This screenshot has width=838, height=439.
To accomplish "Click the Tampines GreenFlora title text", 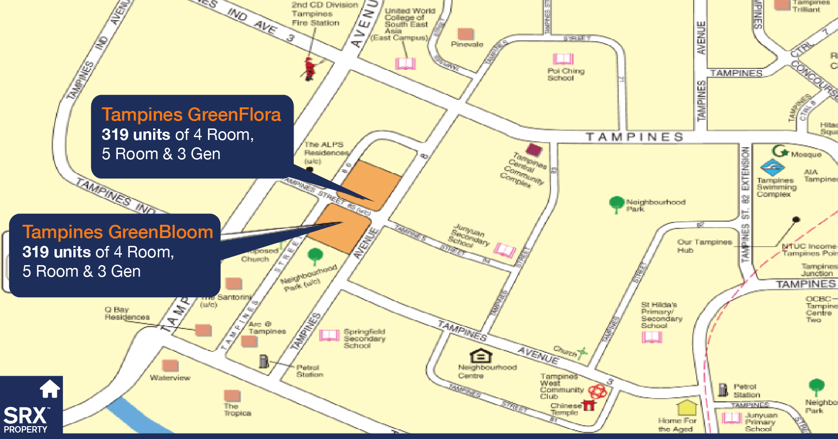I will pyautogui.click(x=191, y=115).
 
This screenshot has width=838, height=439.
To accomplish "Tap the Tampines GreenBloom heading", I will pyautogui.click(x=118, y=232).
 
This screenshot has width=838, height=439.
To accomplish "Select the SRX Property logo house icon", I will pyautogui.click(x=50, y=389).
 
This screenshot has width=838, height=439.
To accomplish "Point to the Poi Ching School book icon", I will pyautogui.click(x=563, y=59).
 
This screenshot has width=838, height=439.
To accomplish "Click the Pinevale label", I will pyautogui.click(x=467, y=44).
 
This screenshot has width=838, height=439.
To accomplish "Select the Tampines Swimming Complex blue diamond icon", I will pyautogui.click(x=772, y=167).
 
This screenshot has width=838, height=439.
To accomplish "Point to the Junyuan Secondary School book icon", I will pyautogui.click(x=505, y=250).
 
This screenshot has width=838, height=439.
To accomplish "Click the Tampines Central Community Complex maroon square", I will pyautogui.click(x=534, y=149).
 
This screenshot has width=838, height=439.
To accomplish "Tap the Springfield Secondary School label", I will pyautogui.click(x=364, y=339).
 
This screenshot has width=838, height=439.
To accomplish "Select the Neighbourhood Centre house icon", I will pyautogui.click(x=481, y=356).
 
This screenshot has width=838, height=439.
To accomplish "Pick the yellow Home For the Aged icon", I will pyautogui.click(x=687, y=407).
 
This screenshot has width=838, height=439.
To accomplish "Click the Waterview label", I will pyautogui.click(x=170, y=378).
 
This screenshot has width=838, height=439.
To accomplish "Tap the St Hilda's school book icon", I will pyautogui.click(x=652, y=337).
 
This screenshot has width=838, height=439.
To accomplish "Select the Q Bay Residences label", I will pyautogui.click(x=127, y=313).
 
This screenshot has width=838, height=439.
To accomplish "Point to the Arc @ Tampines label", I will pyautogui.click(x=267, y=328).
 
